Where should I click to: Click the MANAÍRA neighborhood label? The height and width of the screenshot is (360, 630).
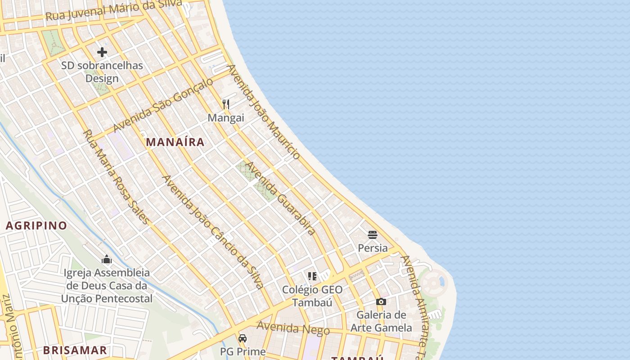tap(175, 142)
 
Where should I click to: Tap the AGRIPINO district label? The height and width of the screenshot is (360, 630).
tap(36, 225)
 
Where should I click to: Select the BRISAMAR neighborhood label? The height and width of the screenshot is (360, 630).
tap(75, 350)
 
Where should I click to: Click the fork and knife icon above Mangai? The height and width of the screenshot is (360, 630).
tap(226, 104)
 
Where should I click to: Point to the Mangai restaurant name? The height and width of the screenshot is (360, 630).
tap(226, 118)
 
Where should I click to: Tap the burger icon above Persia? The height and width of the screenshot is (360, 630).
tap(373, 234)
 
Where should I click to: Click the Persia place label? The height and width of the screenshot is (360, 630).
tap(373, 248)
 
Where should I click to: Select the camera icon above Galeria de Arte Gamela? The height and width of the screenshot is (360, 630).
tap(381, 301)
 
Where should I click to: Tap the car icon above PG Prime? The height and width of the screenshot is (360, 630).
tap(243, 338)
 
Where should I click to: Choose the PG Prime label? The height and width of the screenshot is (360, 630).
tap(243, 351)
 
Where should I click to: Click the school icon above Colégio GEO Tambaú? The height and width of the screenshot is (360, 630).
tap(312, 276)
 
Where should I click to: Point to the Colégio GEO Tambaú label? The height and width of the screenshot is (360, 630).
tap(312, 296)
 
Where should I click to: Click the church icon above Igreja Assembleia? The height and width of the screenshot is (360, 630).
tap(107, 259)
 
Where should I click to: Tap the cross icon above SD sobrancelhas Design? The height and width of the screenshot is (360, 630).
tap(102, 52)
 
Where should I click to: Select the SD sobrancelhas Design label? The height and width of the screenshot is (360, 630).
tap(102, 72)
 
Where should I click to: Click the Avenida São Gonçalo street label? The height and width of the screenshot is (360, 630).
tap(162, 105)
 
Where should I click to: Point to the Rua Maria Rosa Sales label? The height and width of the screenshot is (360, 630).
tap(116, 176)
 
